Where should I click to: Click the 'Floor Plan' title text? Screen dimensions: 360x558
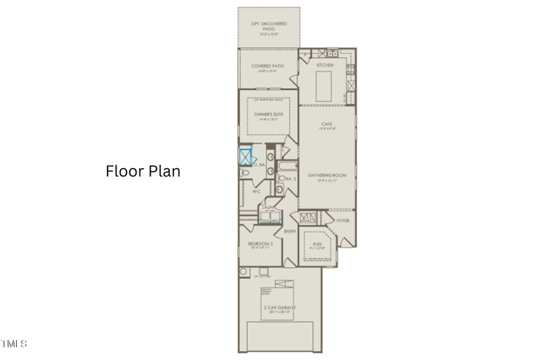coord(143,171)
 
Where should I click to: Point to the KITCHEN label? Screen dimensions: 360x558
coord(325,65)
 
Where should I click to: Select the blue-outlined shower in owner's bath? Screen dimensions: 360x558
coord(246,158)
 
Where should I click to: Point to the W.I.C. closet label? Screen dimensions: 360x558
coord(256,190)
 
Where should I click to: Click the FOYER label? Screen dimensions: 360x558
coord(342,220)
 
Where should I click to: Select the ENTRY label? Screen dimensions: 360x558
coord(289,231)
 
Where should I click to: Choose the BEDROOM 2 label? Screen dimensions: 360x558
coord(259,244)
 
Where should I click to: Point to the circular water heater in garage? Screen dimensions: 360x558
coord(244,271)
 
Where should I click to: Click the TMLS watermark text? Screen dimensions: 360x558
coord(14,343)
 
